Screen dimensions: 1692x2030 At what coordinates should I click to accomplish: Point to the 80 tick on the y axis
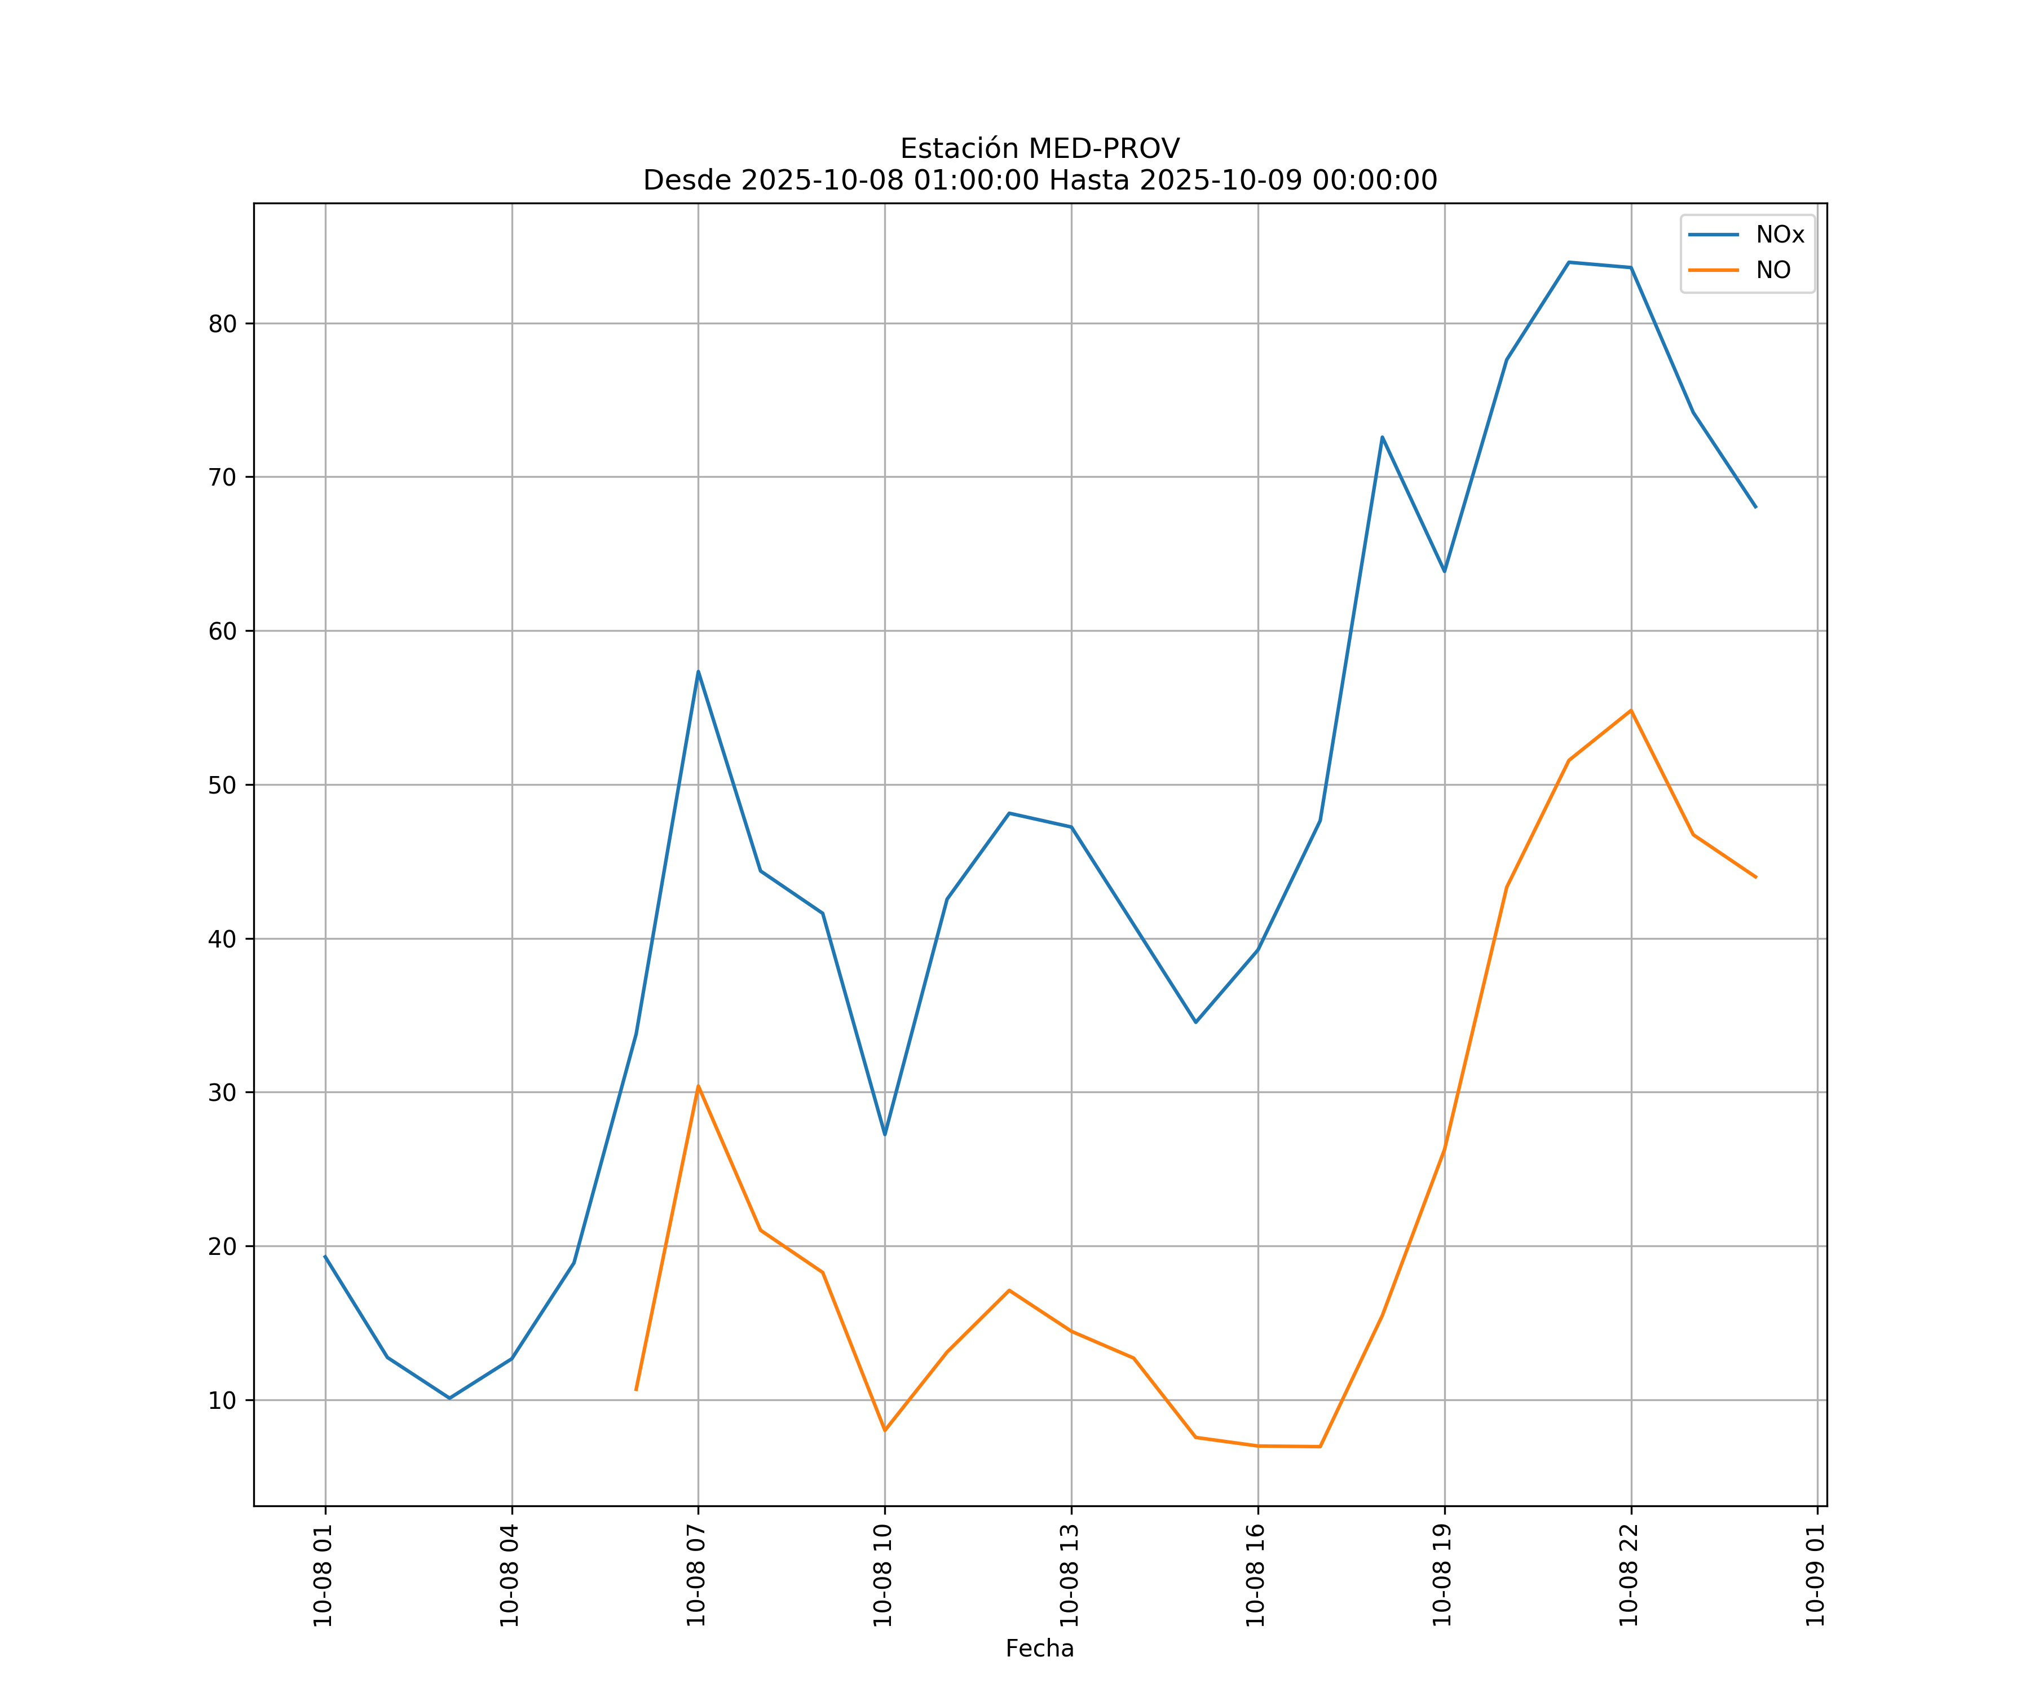(x=222, y=324)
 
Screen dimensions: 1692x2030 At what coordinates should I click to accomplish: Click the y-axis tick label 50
(x=222, y=785)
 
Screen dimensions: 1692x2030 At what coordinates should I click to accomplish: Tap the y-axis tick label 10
(x=222, y=1400)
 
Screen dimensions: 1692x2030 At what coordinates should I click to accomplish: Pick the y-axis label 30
(x=222, y=1092)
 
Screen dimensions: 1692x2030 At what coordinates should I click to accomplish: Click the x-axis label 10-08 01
(x=324, y=1576)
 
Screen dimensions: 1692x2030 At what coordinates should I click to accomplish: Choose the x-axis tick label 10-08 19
(x=1443, y=1576)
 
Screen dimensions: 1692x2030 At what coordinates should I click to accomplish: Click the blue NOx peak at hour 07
(x=698, y=671)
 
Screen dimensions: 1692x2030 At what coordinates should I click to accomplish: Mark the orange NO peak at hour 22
(x=1631, y=711)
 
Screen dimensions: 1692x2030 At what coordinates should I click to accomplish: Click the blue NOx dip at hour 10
(x=885, y=1134)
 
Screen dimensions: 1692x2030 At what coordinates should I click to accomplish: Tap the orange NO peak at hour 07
(x=698, y=1086)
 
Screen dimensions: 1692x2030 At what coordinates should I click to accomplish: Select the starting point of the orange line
(x=636, y=1389)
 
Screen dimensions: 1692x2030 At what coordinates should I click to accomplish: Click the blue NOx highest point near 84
(x=1569, y=262)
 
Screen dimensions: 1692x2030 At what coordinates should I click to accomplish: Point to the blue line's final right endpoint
(x=1755, y=506)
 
